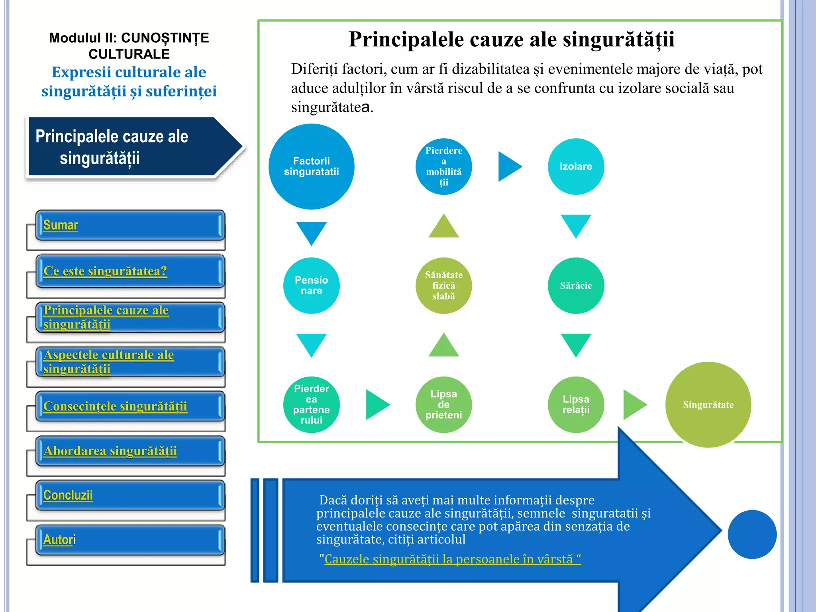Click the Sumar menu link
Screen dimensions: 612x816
(61, 225)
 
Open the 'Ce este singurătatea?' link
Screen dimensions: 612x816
(105, 271)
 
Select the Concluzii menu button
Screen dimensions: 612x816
(68, 495)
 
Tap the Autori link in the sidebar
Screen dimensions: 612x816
(59, 540)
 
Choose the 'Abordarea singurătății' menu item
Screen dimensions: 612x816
(110, 451)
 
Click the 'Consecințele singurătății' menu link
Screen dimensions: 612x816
(115, 406)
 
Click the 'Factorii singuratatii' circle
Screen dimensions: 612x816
(311, 167)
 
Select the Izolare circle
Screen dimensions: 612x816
(576, 167)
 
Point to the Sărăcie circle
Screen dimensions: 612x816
(576, 286)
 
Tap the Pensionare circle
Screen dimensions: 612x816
(311, 286)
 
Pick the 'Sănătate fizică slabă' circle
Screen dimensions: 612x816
(443, 286)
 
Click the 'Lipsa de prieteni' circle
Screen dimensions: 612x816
(443, 404)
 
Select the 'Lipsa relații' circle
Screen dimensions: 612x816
(576, 404)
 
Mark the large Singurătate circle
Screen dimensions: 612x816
(708, 404)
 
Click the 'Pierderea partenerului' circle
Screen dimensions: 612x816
(311, 404)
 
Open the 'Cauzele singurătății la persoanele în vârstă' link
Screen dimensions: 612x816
(452, 559)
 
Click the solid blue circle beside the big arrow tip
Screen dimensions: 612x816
(752, 534)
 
